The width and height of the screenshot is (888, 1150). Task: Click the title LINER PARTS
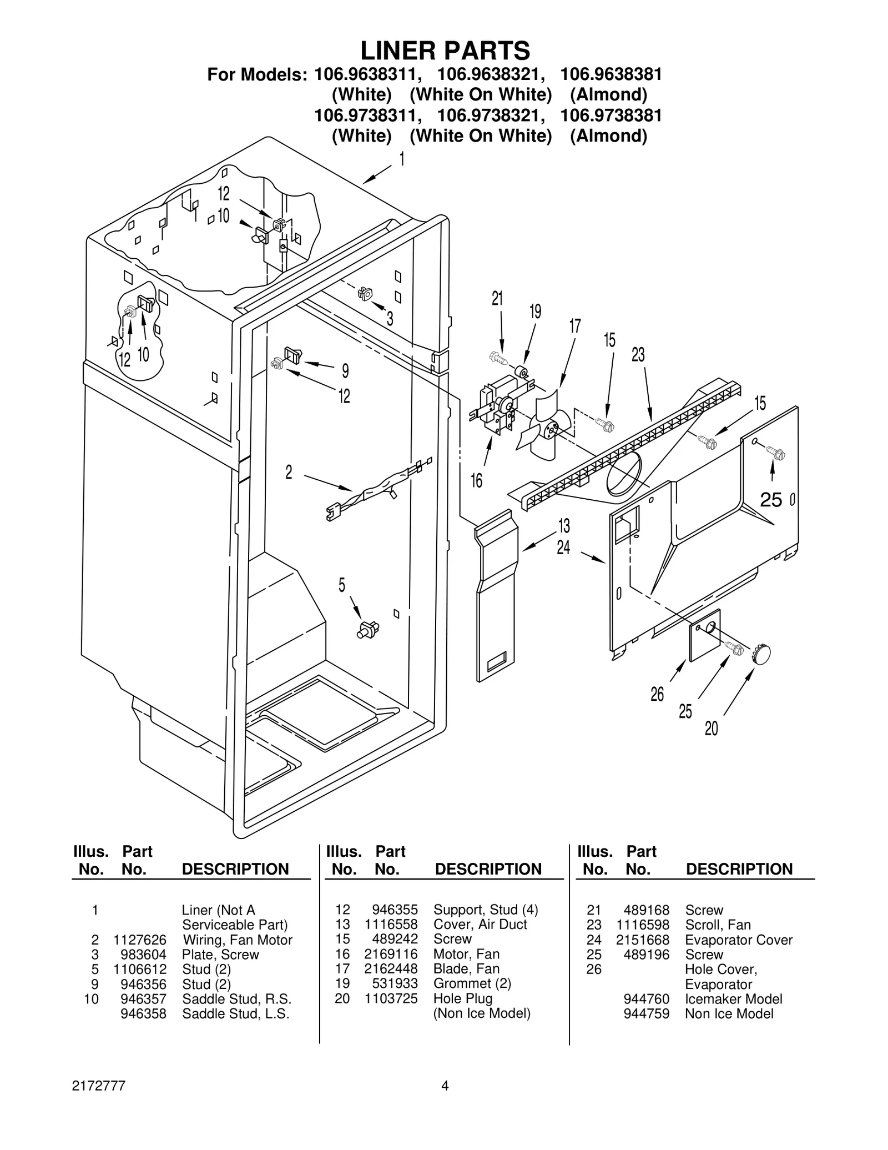[445, 51]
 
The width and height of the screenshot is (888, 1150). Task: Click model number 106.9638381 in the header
[610, 74]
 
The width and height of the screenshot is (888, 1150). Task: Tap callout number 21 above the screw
[497, 299]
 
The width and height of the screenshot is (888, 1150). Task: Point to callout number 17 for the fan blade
[575, 326]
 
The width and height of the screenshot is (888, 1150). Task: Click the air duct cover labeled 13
[495, 594]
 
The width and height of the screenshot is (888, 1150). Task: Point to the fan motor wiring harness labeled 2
[377, 489]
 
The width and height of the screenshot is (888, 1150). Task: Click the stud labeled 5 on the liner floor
[368, 630]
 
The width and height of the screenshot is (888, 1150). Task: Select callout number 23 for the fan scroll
[638, 354]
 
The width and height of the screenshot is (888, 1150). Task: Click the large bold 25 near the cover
[771, 500]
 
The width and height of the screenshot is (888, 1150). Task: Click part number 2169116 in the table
[391, 954]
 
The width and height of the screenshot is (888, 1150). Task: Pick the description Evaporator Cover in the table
[739, 940]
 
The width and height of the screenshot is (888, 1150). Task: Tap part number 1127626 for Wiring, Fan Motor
[140, 940]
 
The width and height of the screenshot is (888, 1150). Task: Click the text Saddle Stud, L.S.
[236, 1013]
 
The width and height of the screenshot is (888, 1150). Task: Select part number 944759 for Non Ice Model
[647, 1013]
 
